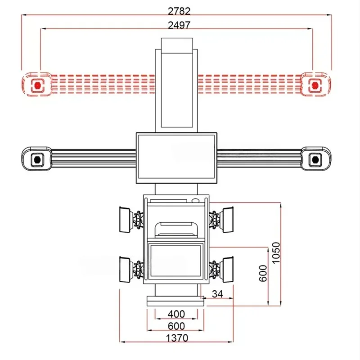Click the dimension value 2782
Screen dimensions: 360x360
pos(179,11)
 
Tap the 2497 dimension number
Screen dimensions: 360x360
pos(179,25)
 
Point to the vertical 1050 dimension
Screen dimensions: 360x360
pos(276,252)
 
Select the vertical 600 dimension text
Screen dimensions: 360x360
pos(263,273)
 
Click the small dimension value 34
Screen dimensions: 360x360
pos(217,294)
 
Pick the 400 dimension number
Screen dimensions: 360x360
pos(176,314)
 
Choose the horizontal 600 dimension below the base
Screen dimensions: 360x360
pos(176,326)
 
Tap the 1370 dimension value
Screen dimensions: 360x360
pos(177,338)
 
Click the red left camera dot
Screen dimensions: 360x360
pos(37,85)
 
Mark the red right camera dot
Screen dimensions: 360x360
pos(315,85)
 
